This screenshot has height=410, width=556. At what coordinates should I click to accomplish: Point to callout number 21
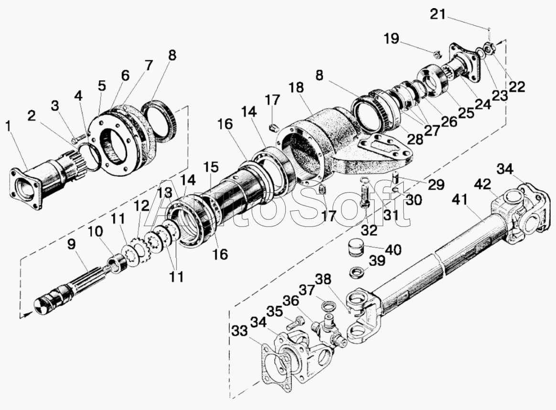tap(437, 15)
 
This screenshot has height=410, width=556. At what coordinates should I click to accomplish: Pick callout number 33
tap(241, 330)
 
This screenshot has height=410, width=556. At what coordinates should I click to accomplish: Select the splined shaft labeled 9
tap(72, 287)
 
